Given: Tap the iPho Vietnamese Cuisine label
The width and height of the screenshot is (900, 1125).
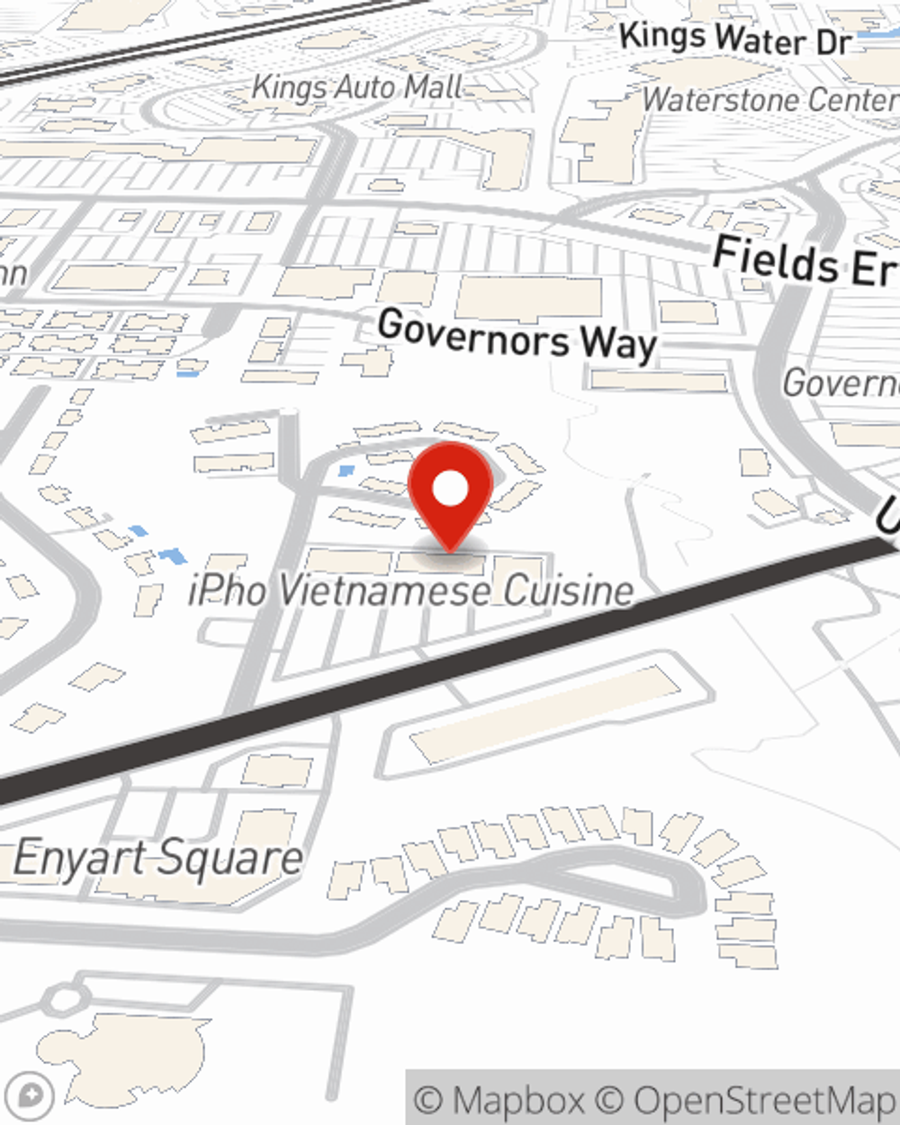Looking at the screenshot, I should [411, 591].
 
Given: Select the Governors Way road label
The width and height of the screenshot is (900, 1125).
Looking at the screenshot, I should [517, 336].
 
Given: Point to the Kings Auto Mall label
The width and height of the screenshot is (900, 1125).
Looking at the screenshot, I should [357, 88].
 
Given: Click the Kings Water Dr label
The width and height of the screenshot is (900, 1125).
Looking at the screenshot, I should [734, 40].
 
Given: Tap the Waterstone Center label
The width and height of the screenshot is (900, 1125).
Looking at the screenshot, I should [769, 100].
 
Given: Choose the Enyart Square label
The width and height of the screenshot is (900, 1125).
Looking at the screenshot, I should [158, 858].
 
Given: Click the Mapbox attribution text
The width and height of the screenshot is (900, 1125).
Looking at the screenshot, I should [499, 1100].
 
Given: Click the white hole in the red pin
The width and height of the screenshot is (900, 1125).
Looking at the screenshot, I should [450, 490].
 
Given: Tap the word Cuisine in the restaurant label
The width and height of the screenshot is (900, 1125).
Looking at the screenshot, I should [568, 591].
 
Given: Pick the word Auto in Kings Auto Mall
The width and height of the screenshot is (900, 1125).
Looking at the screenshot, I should [365, 88].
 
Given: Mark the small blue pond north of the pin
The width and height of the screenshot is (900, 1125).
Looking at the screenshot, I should [345, 471].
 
